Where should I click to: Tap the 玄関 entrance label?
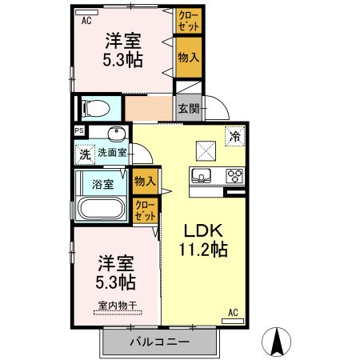188,110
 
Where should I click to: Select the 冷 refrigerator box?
236,136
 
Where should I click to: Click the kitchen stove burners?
235,175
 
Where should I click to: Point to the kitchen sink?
200,175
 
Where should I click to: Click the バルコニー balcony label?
158,343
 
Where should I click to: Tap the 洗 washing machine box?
83,153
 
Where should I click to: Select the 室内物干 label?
117,305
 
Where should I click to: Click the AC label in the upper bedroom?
86,22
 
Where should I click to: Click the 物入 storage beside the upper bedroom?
188,57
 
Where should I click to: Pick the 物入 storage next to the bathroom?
145,182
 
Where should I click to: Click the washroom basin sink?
117,132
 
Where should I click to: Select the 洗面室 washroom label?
112,152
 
